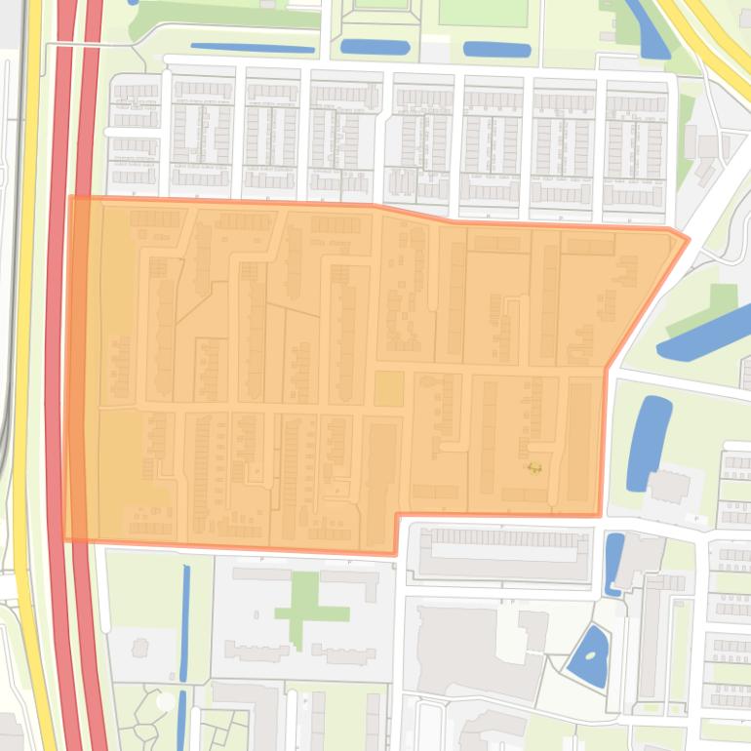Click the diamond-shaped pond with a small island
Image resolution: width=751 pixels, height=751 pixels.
[x=587, y=657]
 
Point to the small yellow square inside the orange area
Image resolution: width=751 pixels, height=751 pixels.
[x=388, y=388]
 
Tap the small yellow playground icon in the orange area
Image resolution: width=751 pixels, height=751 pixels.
[x=534, y=468]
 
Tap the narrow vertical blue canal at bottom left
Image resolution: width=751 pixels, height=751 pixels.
[x=184, y=624]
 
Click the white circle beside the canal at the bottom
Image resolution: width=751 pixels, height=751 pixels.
[x=166, y=701]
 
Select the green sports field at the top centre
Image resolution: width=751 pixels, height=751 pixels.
[x=482, y=12]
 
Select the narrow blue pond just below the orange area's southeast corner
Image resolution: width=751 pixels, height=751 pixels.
[x=613, y=563]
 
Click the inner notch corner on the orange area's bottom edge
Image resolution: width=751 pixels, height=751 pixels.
[x=396, y=516]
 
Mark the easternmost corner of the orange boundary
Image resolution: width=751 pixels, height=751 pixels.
[x=689, y=237]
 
